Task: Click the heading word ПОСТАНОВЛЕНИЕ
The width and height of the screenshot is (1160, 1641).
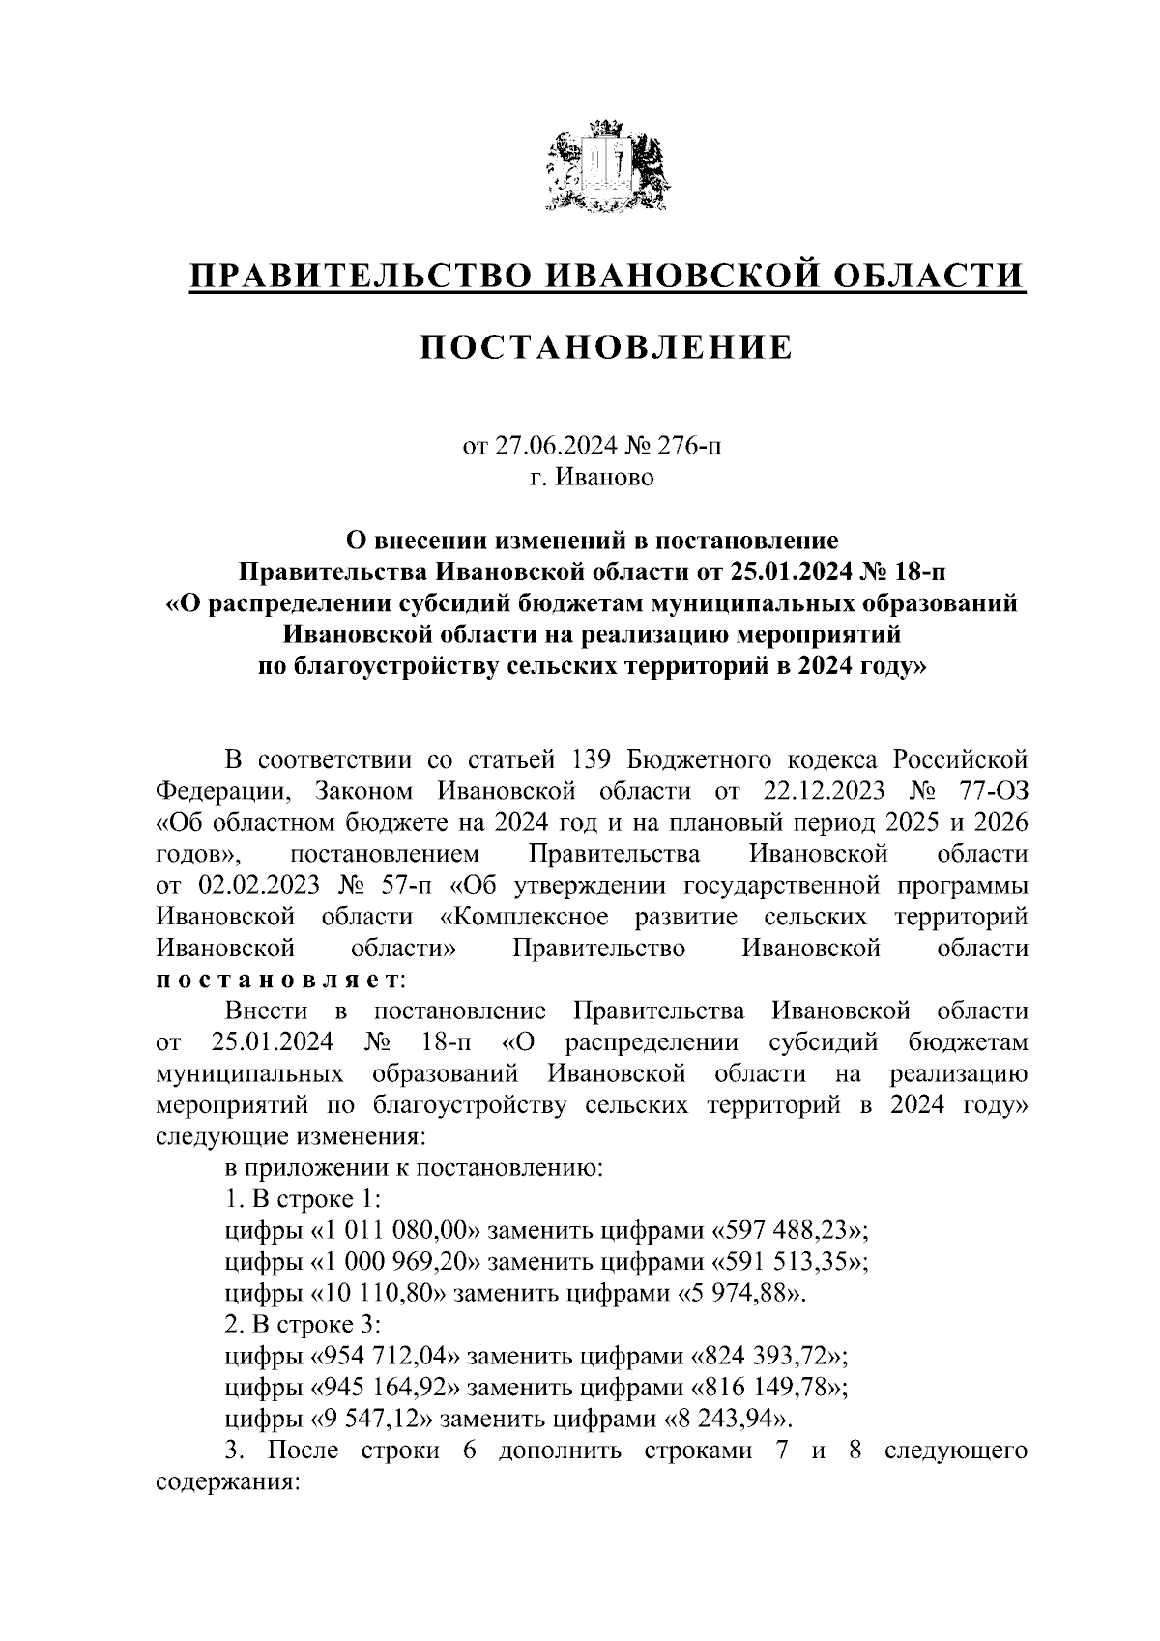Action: click(606, 346)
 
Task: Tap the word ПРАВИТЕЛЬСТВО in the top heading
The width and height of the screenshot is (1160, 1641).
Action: click(358, 276)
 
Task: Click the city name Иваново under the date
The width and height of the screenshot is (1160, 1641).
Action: click(605, 478)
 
